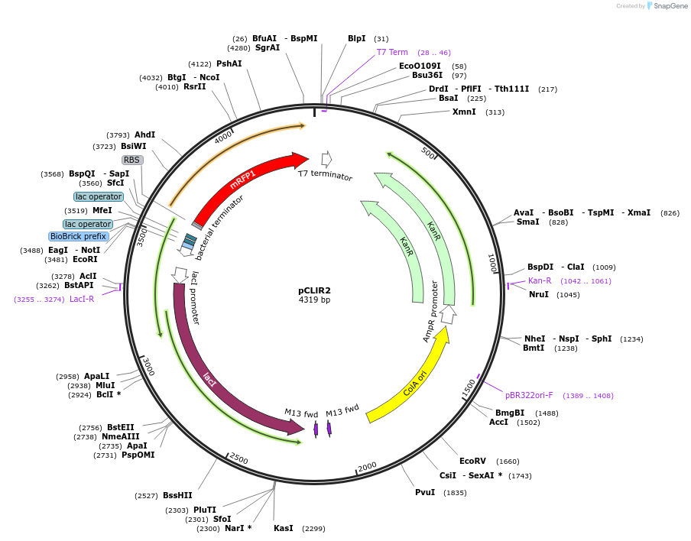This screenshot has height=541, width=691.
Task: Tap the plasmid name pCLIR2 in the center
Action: coord(314,290)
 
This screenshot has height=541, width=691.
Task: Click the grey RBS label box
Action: coord(132,160)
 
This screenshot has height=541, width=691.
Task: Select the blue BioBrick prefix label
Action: coord(79,237)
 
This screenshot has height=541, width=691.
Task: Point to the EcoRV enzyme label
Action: coord(472,461)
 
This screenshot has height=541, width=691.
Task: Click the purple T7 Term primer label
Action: coord(392,52)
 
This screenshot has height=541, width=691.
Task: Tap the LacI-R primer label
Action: coord(82,299)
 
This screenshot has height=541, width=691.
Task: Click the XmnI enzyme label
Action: coord(464,112)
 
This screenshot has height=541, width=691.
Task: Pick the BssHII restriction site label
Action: coord(177,495)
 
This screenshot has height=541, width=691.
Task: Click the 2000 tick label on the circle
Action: coord(368,466)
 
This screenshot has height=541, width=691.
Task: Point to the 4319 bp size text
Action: coord(314,300)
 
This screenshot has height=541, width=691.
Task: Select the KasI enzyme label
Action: coord(283,528)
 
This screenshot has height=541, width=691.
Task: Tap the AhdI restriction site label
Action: coord(144,134)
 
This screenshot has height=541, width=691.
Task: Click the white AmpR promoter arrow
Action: coord(449,313)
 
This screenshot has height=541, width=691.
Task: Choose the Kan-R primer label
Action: coord(540,280)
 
